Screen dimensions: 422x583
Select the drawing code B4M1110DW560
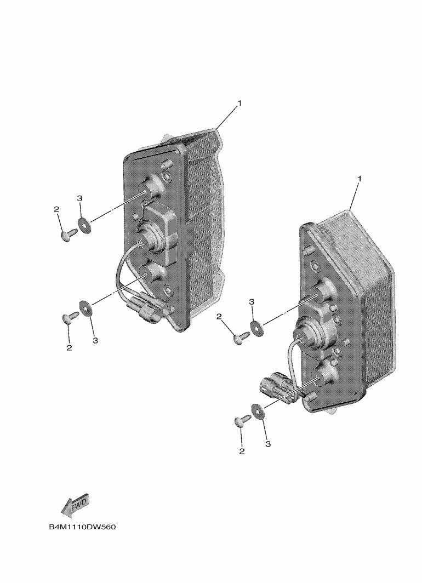(82, 527)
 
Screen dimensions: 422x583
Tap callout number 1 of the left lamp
(240, 103)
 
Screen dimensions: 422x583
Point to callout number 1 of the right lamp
(359, 179)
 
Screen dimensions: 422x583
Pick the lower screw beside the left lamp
(70, 318)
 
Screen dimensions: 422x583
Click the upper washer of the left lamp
(84, 225)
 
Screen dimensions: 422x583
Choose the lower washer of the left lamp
(85, 308)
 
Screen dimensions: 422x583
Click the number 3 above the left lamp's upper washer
(79, 198)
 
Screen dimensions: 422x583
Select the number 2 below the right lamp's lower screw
(242, 451)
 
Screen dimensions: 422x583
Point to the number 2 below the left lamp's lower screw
(69, 348)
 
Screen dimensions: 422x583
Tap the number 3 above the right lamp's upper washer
(252, 302)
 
